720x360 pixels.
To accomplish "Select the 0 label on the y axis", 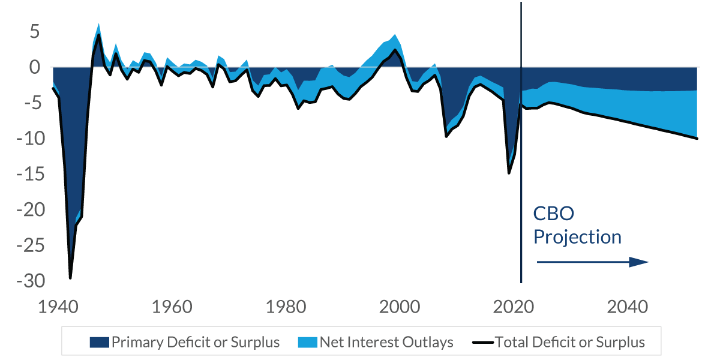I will point(34,67).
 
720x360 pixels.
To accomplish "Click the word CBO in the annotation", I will point(554,214).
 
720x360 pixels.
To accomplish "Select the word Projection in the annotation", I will point(577,237).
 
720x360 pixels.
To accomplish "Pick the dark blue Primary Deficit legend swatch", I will point(99,343).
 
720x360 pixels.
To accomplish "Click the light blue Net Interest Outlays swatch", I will point(307,343).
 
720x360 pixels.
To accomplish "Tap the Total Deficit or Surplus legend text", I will point(569,343).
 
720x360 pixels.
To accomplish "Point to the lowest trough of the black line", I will point(70,278).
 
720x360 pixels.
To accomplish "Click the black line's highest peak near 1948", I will point(99,35).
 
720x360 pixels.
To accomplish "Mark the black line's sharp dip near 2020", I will point(509,173).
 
